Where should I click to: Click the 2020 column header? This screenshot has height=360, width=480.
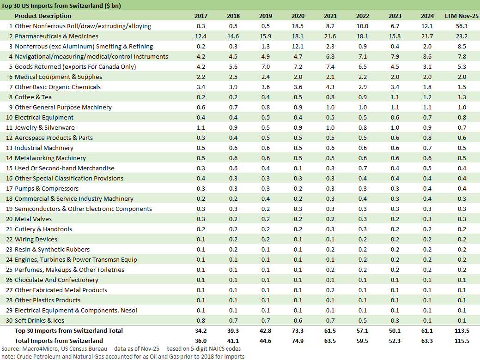pos(298,16)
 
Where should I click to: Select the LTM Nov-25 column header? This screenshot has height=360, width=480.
pos(462,16)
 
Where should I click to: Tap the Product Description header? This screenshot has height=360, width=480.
pos(43,16)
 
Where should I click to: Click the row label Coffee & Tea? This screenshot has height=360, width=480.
pos(33,97)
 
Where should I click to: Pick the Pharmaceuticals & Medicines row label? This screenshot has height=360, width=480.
pos(56,36)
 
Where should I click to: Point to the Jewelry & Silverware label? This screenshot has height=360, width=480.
pos(44,128)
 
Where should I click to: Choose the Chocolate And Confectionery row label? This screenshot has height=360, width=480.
pos(56,280)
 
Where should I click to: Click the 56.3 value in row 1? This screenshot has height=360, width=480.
pos(462,26)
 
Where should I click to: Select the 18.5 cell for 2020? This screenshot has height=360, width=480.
pos(298,26)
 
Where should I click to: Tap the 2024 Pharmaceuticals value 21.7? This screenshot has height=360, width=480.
pos(427,36)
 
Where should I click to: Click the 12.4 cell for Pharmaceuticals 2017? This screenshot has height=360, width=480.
pos(201,36)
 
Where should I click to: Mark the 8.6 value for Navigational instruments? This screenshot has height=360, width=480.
pos(427,57)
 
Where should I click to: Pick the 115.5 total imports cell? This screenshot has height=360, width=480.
pos(462,341)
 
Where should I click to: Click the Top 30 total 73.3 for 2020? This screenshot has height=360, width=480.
pos(298,331)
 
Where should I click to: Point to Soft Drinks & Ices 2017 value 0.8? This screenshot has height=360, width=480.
pos(201,321)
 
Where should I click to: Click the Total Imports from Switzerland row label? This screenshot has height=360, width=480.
pos(59,341)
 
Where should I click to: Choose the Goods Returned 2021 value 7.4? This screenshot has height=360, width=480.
pos(330,67)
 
